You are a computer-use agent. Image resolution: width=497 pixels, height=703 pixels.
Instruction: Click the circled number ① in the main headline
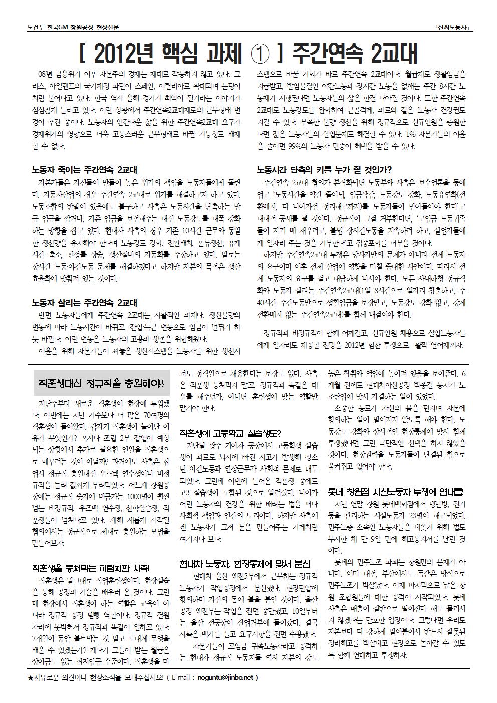(261, 53)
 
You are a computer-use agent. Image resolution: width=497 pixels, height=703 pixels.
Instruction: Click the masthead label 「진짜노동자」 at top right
(452, 29)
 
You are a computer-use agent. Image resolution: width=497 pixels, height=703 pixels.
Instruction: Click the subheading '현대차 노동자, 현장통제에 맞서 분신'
(244, 563)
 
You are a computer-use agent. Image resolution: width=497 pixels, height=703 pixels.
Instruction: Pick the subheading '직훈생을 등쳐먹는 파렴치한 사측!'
(90, 568)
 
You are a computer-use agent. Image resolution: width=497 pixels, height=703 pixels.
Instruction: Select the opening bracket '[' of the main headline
(83, 53)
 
